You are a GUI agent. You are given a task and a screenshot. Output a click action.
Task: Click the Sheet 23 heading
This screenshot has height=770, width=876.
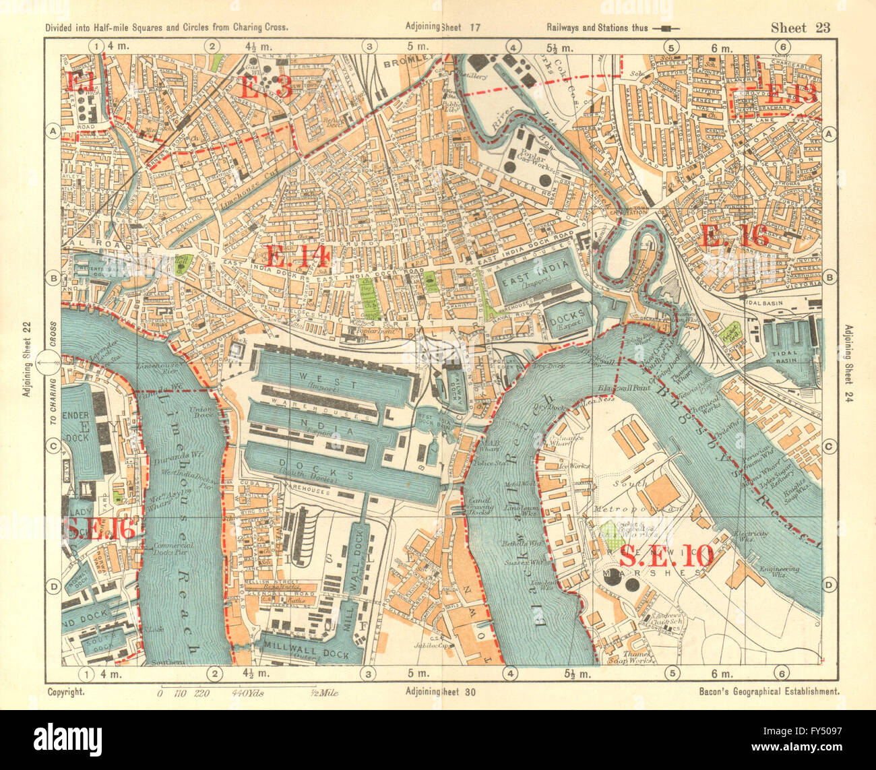click(x=801, y=28)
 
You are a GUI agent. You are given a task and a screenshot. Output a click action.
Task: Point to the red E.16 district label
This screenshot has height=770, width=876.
click(x=734, y=236)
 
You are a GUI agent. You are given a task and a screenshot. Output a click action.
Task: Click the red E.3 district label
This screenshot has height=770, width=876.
click(x=265, y=88)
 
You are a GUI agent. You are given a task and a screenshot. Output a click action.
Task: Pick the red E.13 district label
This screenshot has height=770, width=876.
click(x=792, y=94)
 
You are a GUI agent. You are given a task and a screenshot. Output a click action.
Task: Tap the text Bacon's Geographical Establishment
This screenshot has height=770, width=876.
click(x=761, y=691)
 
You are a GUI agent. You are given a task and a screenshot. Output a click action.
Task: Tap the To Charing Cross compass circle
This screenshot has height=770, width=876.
click(x=49, y=366)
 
